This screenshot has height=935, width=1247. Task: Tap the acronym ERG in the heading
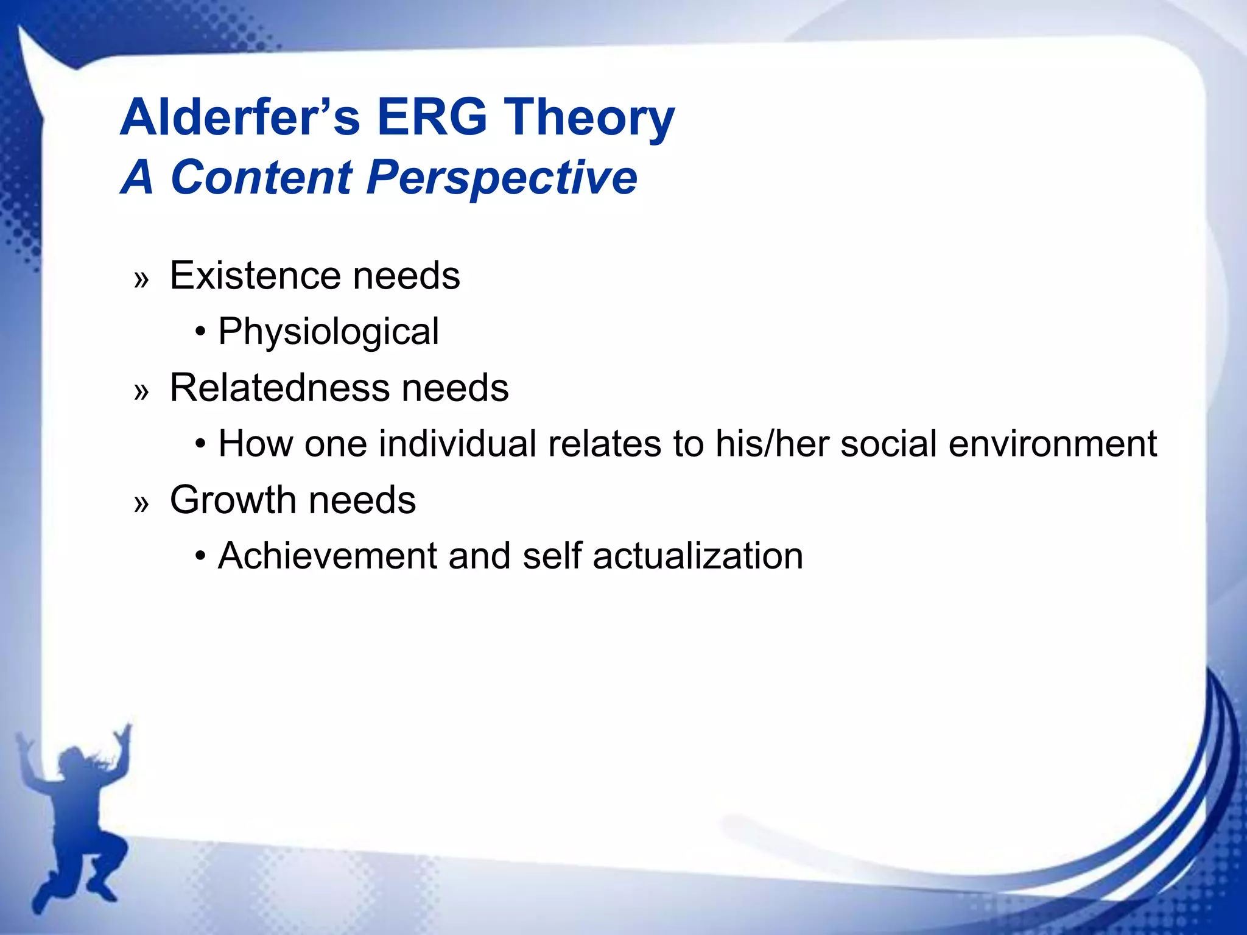tap(432, 117)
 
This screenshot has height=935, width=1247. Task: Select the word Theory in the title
tap(589, 117)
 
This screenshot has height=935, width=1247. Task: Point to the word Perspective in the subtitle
tap(501, 177)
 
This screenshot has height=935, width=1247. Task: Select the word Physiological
tap(328, 332)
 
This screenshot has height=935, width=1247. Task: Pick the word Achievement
tap(327, 556)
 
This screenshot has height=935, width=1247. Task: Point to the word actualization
tap(697, 556)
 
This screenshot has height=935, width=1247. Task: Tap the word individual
tap(457, 444)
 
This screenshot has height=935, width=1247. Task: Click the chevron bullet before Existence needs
tap(141, 279)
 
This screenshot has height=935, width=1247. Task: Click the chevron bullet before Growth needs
tap(141, 503)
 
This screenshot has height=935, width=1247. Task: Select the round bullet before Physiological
tap(200, 332)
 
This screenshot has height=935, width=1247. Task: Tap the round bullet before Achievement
tap(200, 556)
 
